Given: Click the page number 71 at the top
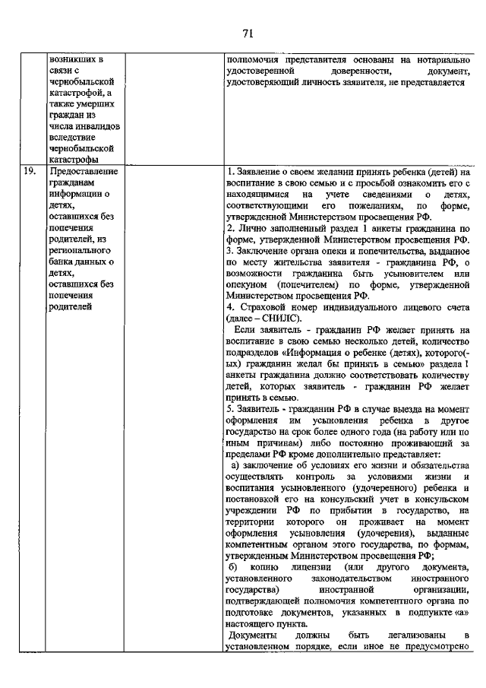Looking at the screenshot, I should pyautogui.click(x=248, y=32).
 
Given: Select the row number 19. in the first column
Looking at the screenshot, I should pyautogui.click(x=30, y=171).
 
